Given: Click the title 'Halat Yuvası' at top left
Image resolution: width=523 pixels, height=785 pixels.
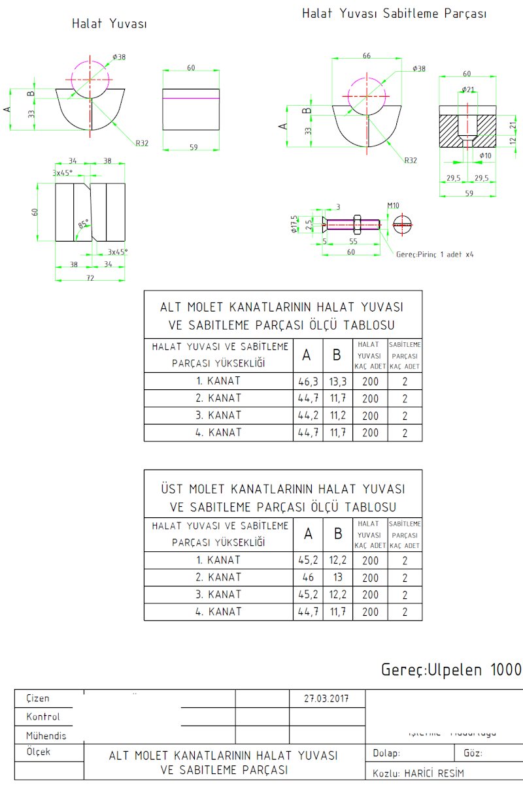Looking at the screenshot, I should pos(109,24).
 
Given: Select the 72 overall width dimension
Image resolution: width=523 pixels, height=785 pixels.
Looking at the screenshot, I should pos(90,278).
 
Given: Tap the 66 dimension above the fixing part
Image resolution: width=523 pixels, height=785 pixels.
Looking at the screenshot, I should pos(366,56).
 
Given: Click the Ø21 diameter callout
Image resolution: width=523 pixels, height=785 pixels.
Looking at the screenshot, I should pos(468,89).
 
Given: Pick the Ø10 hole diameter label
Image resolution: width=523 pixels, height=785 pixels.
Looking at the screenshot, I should pos(485,155).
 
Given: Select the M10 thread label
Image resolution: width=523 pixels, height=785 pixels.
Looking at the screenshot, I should pos(393,206).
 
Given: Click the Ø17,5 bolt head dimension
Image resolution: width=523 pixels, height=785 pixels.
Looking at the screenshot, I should pos(295,224).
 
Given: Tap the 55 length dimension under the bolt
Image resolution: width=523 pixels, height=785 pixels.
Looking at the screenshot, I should pos(353,241).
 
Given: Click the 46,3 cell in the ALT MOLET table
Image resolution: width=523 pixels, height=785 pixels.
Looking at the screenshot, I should pos(308,381).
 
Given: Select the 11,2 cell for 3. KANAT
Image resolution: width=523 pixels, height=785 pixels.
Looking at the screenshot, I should pos(337,415).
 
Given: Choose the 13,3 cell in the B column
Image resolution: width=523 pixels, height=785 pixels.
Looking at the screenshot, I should pos(337,381).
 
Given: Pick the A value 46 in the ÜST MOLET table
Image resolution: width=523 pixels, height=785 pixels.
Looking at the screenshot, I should pos(308,577).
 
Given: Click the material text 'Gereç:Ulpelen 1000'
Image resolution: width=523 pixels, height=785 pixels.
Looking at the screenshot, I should pos(452,670).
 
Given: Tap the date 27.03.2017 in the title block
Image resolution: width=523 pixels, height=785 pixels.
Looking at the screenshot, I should pos(327,698).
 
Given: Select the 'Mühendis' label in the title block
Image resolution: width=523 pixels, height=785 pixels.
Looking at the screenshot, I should pos(46,735).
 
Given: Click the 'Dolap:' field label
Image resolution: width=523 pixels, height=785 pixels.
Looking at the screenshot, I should pos(386,754).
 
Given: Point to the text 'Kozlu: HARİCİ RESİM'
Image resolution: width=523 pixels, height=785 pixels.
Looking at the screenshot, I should pos(418,773).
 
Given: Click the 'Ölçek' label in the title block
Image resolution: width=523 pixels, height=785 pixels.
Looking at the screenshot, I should pos(39,752).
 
